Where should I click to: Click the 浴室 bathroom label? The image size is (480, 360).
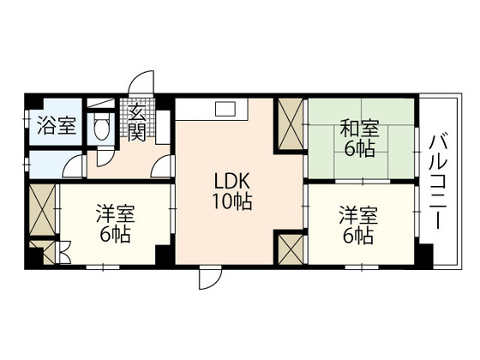(56, 127)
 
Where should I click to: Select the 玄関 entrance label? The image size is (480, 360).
(135, 122)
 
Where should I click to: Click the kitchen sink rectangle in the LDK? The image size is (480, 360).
(225, 109)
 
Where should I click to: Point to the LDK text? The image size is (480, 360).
(232, 183)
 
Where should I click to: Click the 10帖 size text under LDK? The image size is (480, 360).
(232, 202)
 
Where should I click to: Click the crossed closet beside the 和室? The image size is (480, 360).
(289, 123)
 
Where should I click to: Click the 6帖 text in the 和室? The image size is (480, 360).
(360, 149)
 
